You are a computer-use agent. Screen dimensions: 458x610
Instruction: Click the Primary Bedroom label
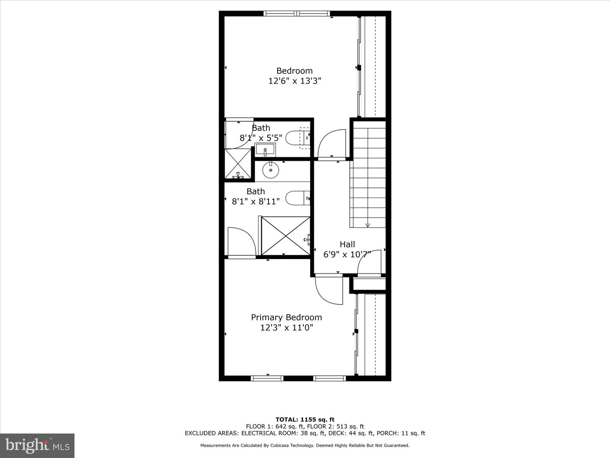coord(286,317)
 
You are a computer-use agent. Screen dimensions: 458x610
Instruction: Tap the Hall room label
coord(347,244)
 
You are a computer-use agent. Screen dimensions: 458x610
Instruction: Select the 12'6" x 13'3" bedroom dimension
coord(295,81)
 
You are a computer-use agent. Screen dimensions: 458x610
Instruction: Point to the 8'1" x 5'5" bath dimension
coord(261,138)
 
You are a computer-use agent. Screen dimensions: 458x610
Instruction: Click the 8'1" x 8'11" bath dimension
coord(256,201)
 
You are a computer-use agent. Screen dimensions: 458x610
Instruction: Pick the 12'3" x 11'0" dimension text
coord(286,327)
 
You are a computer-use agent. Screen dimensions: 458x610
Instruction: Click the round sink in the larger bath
coord(271,170)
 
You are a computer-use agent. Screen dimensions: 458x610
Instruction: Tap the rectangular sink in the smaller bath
coord(266,149)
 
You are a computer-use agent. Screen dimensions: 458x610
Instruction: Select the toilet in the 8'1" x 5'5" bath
coord(297,138)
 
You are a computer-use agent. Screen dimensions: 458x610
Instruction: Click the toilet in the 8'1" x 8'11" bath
coord(297,198)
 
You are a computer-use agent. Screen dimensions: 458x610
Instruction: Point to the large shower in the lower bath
coord(286,236)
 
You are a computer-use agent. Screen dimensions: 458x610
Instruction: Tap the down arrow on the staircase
coord(367,225)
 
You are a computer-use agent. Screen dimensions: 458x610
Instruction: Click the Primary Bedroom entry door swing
coord(329,290)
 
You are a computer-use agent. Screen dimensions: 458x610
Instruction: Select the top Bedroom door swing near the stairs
coord(332,144)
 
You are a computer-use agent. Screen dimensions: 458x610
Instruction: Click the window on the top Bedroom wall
coord(297,14)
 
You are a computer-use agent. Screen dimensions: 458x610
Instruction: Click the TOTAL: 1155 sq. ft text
coord(305,419)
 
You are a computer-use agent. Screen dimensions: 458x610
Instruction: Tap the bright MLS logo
coord(37,445)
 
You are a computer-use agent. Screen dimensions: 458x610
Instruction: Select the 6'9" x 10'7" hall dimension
coord(347,254)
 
